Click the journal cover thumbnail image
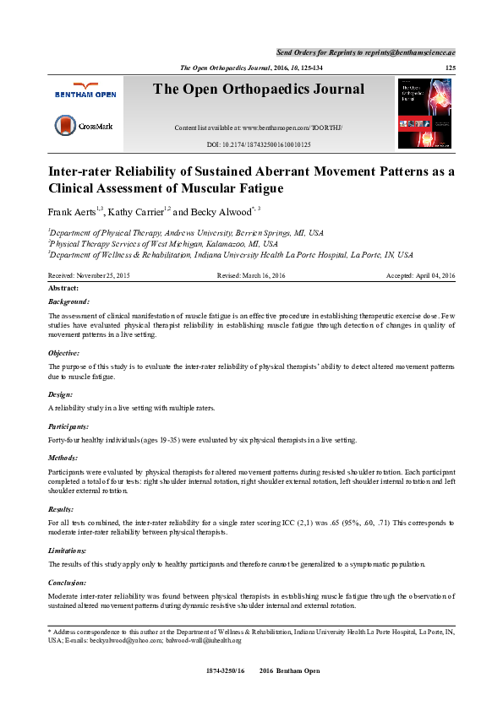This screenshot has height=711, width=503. [x=424, y=114]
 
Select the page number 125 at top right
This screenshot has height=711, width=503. [x=450, y=67]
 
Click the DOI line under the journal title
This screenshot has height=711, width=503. [x=258, y=144]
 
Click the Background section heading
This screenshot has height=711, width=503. [x=68, y=301]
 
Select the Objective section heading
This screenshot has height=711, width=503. [x=64, y=353]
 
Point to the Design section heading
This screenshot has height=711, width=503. [x=60, y=393]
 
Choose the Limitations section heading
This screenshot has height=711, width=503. [x=68, y=550]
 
